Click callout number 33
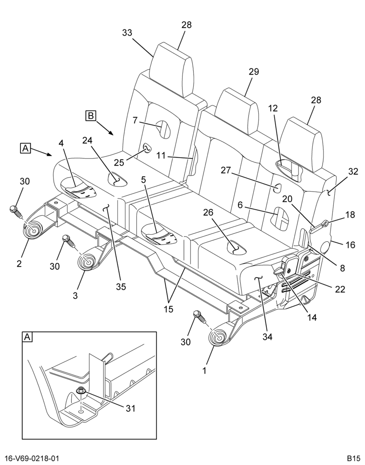pyautogui.click(x=127, y=33)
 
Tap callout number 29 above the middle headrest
pyautogui.click(x=254, y=72)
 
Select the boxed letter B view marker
pyautogui.click(x=91, y=115)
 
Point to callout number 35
pyautogui.click(x=121, y=286)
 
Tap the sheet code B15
pyautogui.click(x=354, y=458)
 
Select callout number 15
pyautogui.click(x=168, y=309)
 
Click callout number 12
pyautogui.click(x=273, y=108)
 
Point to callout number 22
pyautogui.click(x=340, y=289)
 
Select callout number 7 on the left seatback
pyautogui.click(x=135, y=120)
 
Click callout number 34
pyautogui.click(x=267, y=337)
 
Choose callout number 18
pyautogui.click(x=351, y=214)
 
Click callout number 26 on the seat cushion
pyautogui.click(x=208, y=212)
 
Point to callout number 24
pyautogui.click(x=88, y=140)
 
